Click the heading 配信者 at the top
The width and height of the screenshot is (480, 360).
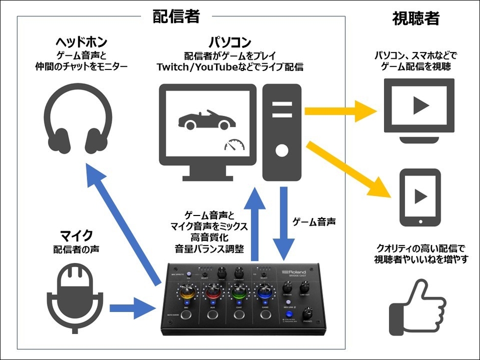coord(176,17)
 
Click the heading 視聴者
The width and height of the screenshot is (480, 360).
coord(416,19)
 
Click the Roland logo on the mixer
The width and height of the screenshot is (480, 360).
coord(295,273)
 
